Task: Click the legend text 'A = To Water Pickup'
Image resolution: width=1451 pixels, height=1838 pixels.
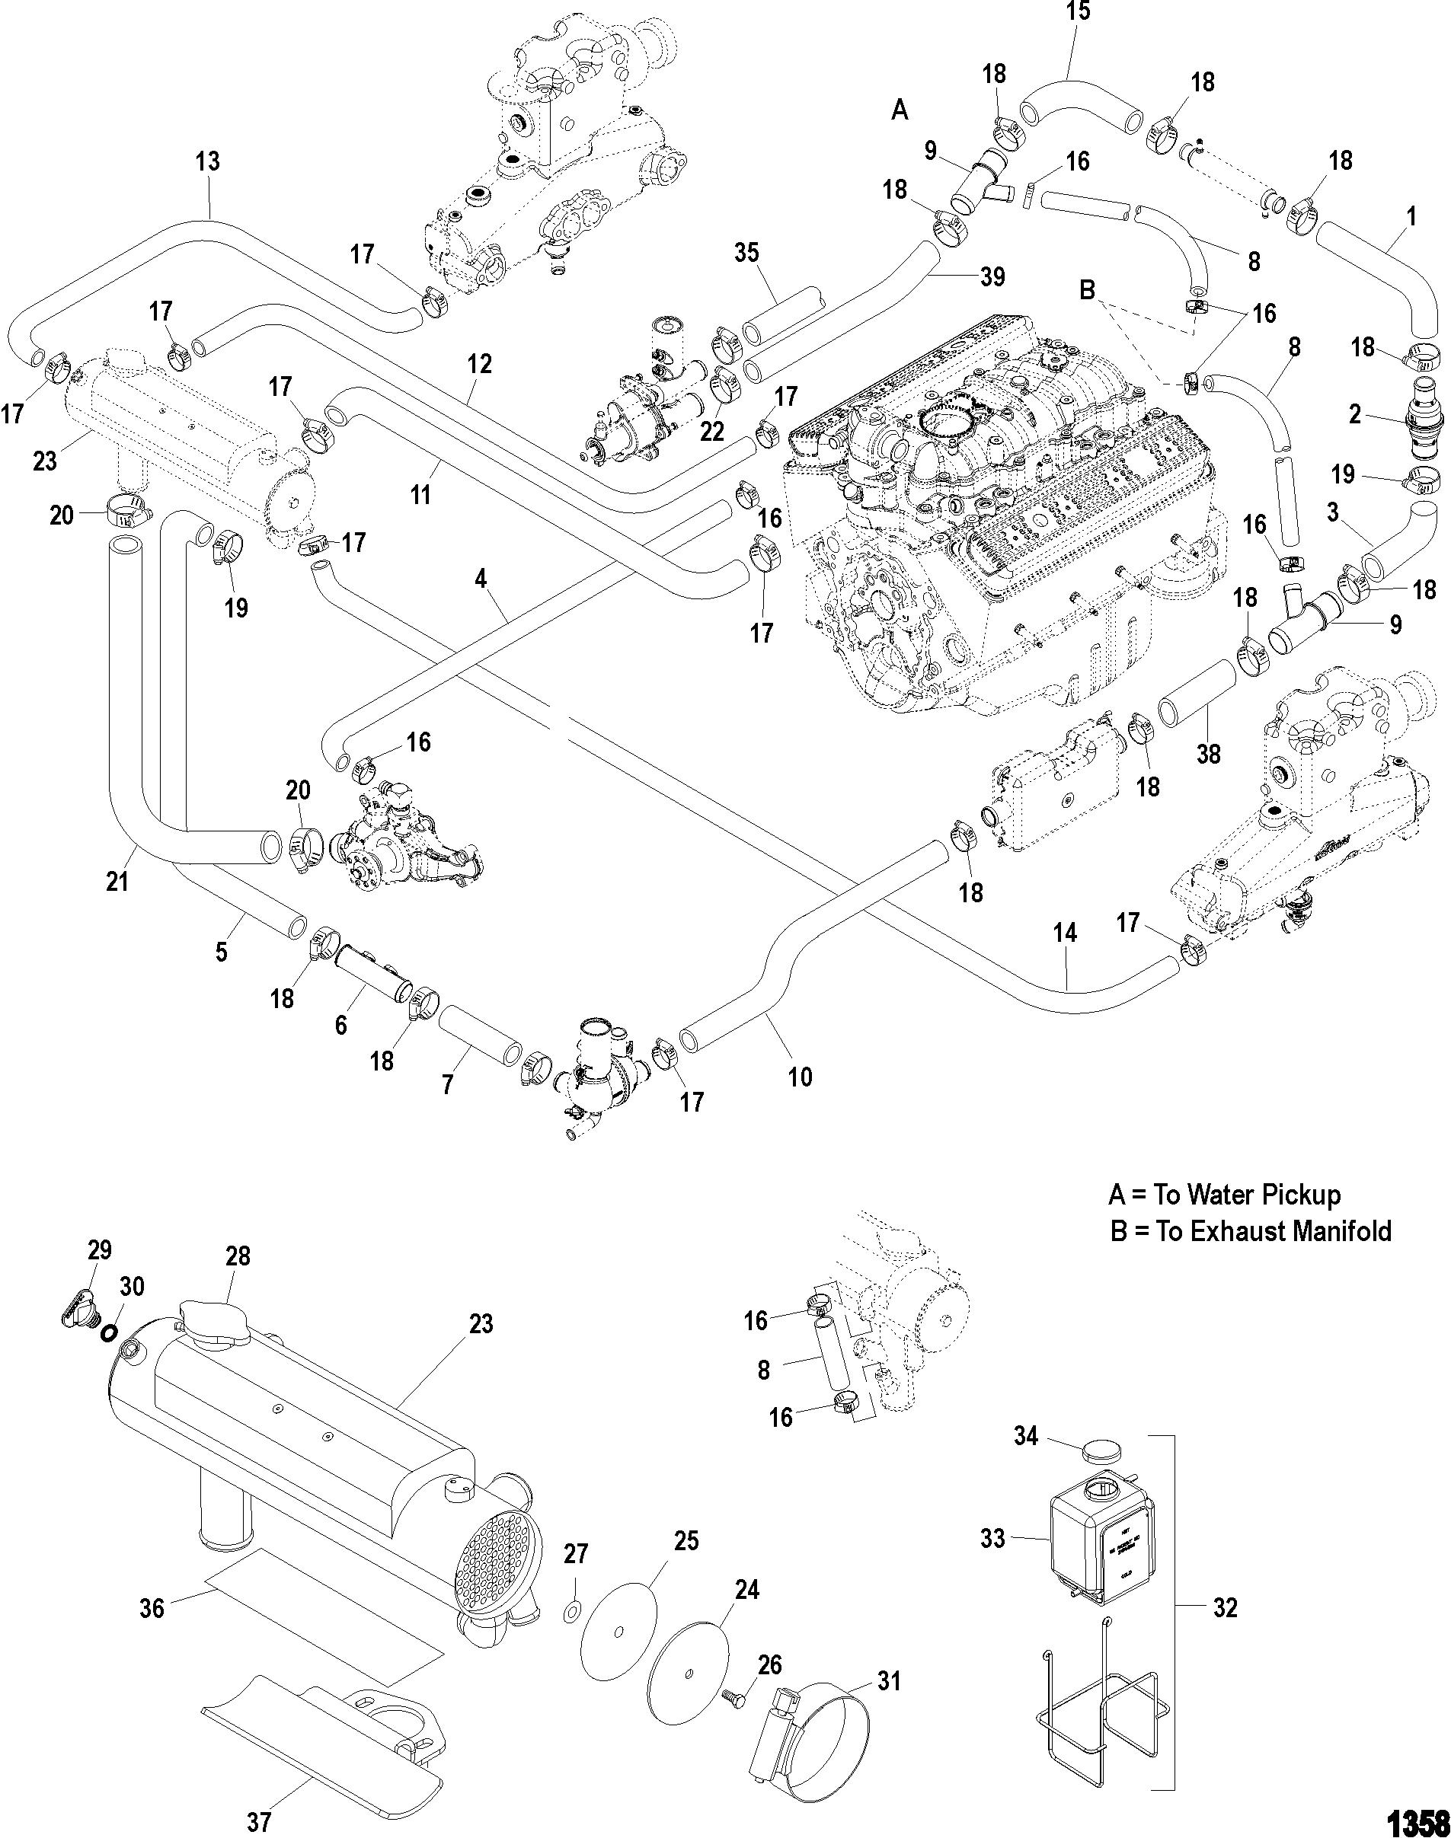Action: pos(1224,1195)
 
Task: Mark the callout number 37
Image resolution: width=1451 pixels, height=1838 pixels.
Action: pos(259,1817)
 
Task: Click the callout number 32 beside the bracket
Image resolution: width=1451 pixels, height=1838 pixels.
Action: pos(1224,1607)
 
